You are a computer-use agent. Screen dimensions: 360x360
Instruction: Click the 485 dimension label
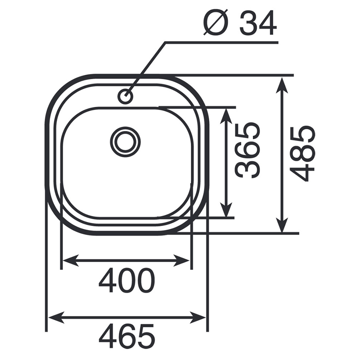click(x=302, y=153)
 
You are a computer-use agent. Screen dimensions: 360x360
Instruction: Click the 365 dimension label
click(x=248, y=150)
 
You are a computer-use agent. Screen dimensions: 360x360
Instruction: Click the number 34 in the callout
click(x=258, y=23)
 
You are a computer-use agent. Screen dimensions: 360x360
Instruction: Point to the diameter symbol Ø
click(x=216, y=22)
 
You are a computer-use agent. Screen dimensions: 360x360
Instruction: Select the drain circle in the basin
click(x=125, y=142)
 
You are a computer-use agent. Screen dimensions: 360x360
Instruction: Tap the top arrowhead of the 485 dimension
click(x=282, y=85)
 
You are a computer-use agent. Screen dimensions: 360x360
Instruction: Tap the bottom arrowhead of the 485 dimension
click(x=282, y=224)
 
